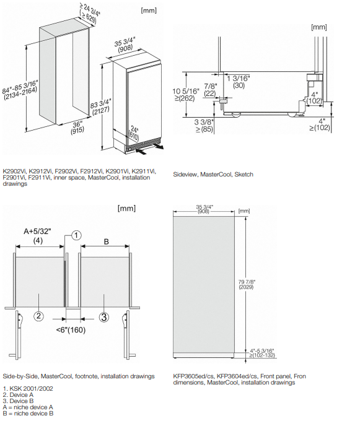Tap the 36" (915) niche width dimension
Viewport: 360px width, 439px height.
[x=77, y=128]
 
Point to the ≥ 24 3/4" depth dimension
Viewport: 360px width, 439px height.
[x=89, y=14]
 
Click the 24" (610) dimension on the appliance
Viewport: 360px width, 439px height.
[x=134, y=134]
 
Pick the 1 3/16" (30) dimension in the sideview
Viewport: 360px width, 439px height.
[x=239, y=82]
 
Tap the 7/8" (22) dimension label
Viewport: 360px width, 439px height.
[x=210, y=90]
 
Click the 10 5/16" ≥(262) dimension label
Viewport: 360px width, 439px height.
[x=185, y=95]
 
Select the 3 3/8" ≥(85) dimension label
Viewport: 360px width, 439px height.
[x=204, y=126]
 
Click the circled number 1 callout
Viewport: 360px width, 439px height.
[x=76, y=235]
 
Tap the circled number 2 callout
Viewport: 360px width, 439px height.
[x=38, y=316]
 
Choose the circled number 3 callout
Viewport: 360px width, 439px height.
[x=104, y=317]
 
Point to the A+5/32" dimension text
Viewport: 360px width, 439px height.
[x=38, y=231]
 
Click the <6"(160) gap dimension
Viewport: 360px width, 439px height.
[x=71, y=329]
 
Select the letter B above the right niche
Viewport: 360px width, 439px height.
[x=107, y=241]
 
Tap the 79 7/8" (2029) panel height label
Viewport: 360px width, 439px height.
[x=247, y=284]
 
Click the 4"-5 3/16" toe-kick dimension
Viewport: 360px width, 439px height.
[x=261, y=353]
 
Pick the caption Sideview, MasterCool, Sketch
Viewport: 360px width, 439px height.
[x=213, y=174]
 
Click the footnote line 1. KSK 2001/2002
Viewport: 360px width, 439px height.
[x=28, y=388]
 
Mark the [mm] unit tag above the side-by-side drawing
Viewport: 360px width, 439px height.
[x=126, y=208]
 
